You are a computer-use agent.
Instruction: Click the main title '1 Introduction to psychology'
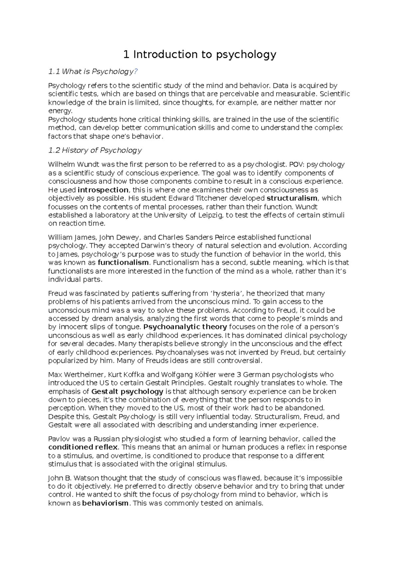[199, 54]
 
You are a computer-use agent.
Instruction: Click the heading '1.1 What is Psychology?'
[93, 72]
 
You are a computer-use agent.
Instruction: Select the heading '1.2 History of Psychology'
[95, 150]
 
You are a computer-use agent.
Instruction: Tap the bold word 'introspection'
[103, 190]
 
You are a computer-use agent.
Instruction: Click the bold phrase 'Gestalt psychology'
[127, 391]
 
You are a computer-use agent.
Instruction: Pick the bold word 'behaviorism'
[105, 503]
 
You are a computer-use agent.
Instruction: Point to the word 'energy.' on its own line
[60, 111]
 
